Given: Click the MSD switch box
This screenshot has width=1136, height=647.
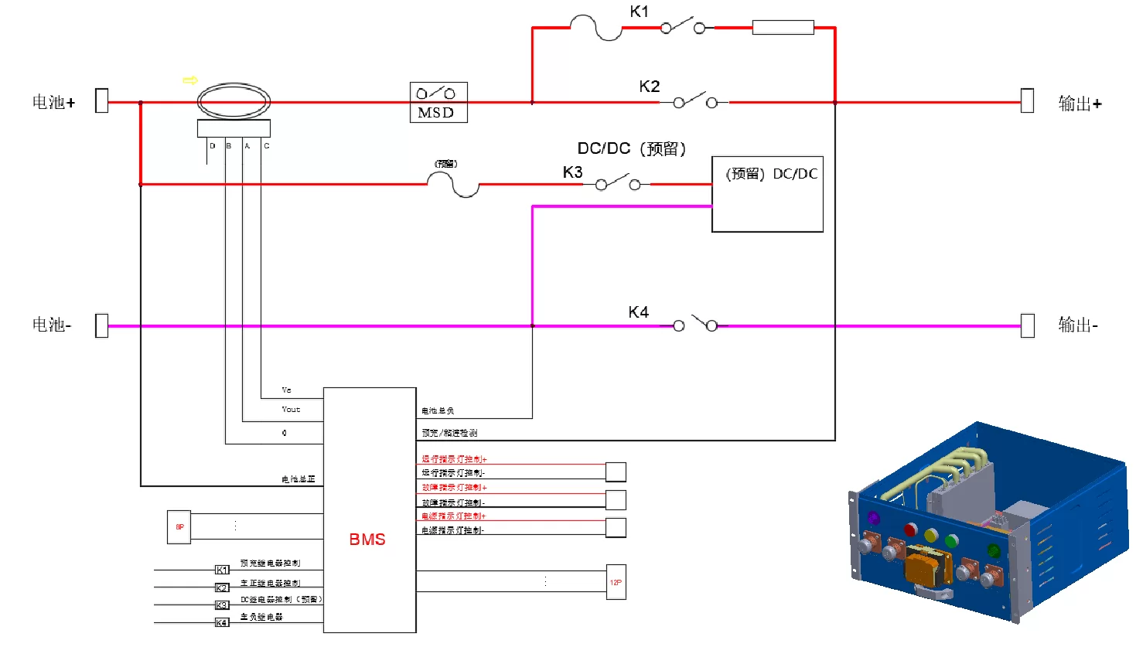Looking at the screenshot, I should tap(438, 102).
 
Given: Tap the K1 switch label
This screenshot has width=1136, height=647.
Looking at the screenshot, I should tap(640, 12).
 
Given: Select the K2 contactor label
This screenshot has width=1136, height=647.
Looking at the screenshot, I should tap(650, 87).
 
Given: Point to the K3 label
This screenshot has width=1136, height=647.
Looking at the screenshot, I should tap(572, 172).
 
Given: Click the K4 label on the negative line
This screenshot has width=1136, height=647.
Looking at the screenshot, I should tap(638, 312).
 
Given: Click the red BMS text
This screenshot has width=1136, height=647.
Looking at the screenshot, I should tap(367, 540).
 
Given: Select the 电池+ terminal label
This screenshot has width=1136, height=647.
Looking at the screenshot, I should tap(53, 102).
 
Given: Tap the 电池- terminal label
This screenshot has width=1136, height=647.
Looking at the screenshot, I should tap(52, 325).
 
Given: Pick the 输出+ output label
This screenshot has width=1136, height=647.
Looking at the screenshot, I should tap(1080, 104).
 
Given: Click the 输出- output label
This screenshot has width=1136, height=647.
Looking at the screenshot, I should tap(1078, 325).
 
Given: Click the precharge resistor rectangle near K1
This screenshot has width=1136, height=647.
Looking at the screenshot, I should tap(783, 28).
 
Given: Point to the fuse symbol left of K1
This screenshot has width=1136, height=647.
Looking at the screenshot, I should tap(596, 29).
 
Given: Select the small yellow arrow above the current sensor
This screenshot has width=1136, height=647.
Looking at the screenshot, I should tap(190, 80).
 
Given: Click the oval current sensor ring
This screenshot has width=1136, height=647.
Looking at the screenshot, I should tap(234, 101).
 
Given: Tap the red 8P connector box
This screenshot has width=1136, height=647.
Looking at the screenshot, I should tap(179, 527).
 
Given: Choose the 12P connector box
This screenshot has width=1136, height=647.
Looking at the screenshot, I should tap(616, 582).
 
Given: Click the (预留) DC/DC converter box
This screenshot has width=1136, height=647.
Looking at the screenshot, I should tap(767, 194).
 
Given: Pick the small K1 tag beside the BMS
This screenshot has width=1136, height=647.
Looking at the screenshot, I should tap(222, 570).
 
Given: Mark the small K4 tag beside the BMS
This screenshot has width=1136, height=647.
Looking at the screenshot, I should tap(222, 622).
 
